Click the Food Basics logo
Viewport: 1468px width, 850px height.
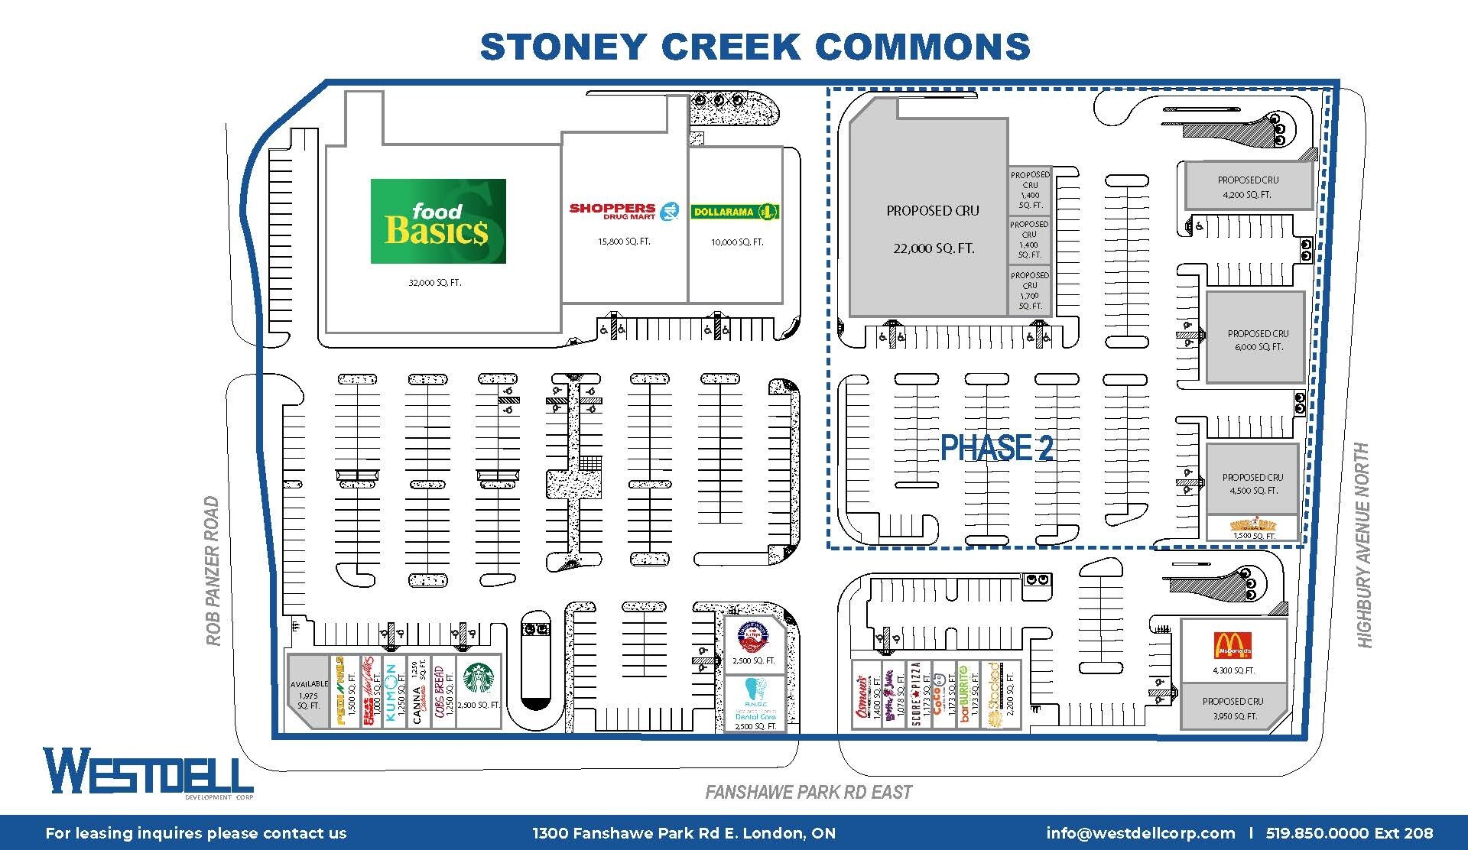pos(438,221)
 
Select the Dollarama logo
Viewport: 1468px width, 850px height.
pos(735,212)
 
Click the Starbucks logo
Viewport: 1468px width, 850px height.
pos(479,677)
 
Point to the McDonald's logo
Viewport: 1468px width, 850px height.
pos(1233,646)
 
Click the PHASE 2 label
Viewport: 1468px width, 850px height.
pos(996,449)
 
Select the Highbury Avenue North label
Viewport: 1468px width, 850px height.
pos(1364,544)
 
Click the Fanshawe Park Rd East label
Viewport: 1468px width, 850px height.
pos(808,792)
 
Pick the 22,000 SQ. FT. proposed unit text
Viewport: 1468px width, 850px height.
pos(934,248)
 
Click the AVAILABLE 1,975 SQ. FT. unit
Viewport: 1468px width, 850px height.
pos(308,694)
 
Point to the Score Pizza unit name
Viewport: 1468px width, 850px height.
pos(916,694)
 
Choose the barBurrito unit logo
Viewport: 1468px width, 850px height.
pos(965,694)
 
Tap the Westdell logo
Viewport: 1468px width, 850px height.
pos(148,772)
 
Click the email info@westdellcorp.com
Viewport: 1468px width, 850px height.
pos(1140,833)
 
